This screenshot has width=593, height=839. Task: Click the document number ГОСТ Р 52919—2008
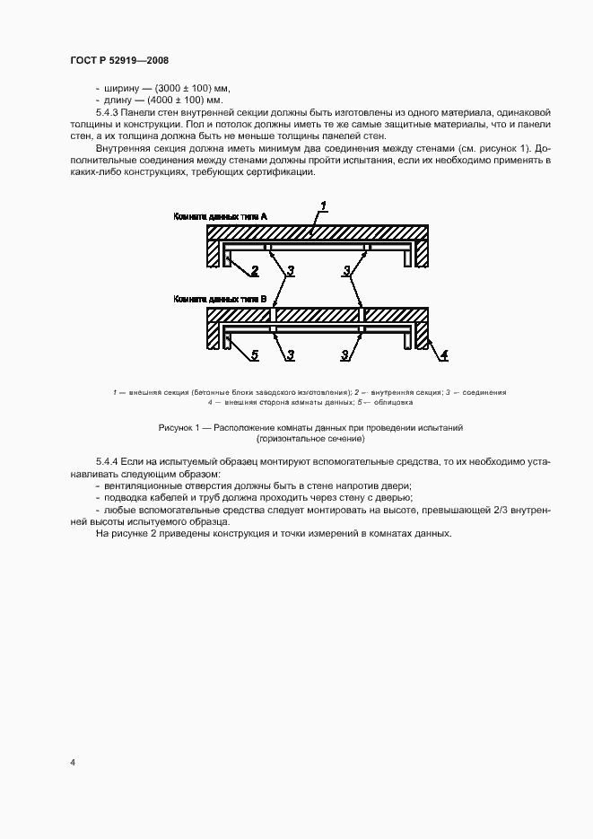(119, 60)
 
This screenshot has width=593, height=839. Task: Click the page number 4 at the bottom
(73, 762)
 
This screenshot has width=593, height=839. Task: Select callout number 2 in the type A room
(254, 269)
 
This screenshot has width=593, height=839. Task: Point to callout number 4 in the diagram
(442, 355)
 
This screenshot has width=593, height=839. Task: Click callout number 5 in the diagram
(254, 355)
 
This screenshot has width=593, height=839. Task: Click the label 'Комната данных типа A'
(214, 217)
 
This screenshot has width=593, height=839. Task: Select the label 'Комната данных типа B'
(214, 300)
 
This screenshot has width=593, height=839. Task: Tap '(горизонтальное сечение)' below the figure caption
(310, 440)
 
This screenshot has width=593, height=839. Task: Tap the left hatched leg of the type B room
(213, 337)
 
